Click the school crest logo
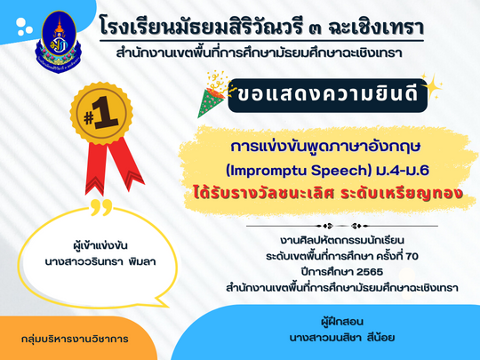click(x=59, y=42)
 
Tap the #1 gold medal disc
click(x=101, y=113)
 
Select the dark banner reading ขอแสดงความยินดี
click(x=327, y=95)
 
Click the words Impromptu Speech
click(x=299, y=171)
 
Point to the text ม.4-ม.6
click(x=402, y=170)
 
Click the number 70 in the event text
click(x=412, y=256)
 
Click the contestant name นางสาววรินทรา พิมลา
click(x=100, y=262)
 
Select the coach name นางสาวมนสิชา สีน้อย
click(x=342, y=338)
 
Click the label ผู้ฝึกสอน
click(x=342, y=322)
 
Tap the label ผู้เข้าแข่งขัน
click(x=100, y=245)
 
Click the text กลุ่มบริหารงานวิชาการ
click(x=75, y=339)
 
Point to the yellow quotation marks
click(x=102, y=207)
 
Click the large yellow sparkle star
click(x=432, y=87)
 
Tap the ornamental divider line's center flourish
click(x=342, y=227)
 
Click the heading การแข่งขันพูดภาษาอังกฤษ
click(x=325, y=147)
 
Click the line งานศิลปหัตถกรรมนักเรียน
click(x=342, y=240)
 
